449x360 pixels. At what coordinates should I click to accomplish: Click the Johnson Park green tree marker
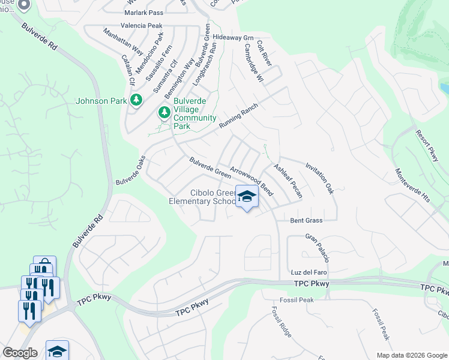pos(137,100)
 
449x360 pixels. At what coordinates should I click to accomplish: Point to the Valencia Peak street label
pos(141,26)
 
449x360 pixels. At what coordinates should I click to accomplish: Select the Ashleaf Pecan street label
pos(288,181)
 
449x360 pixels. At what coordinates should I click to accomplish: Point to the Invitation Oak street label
pos(319,178)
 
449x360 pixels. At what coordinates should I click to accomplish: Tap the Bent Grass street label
pos(306,220)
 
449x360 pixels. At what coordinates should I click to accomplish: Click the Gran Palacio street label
pos(317,248)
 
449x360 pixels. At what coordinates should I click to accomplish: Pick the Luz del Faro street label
pos(307,272)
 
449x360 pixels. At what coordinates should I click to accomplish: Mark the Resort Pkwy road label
pos(427,143)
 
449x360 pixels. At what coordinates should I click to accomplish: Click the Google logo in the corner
pos(19,353)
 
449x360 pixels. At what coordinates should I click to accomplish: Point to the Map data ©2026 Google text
pos(411,355)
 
